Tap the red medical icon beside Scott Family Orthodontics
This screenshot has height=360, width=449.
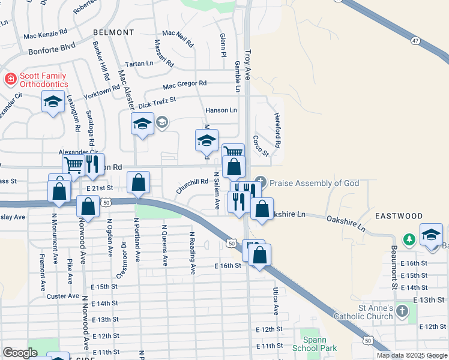(10, 79)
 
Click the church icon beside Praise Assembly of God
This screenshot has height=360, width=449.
(260, 181)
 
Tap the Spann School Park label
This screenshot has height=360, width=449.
(314, 343)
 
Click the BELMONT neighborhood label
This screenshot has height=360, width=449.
(113, 32)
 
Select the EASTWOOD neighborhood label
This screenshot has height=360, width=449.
(399, 215)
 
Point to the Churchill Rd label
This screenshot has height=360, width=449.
(192, 185)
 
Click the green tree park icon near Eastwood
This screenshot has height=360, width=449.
(409, 240)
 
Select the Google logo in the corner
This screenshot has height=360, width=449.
(20, 352)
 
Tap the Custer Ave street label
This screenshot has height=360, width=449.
(63, 296)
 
